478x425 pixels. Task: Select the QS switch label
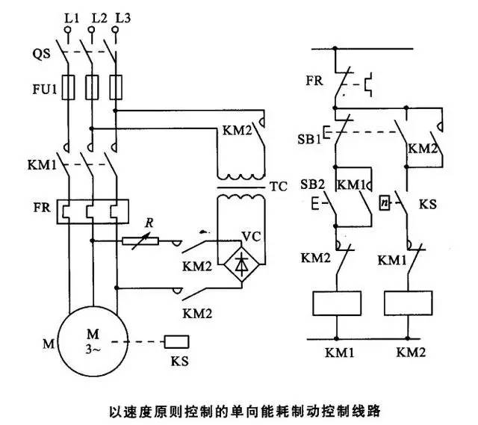coord(43,53)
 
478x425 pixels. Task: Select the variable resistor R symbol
coord(143,241)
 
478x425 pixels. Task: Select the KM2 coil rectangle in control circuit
coord(408,302)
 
